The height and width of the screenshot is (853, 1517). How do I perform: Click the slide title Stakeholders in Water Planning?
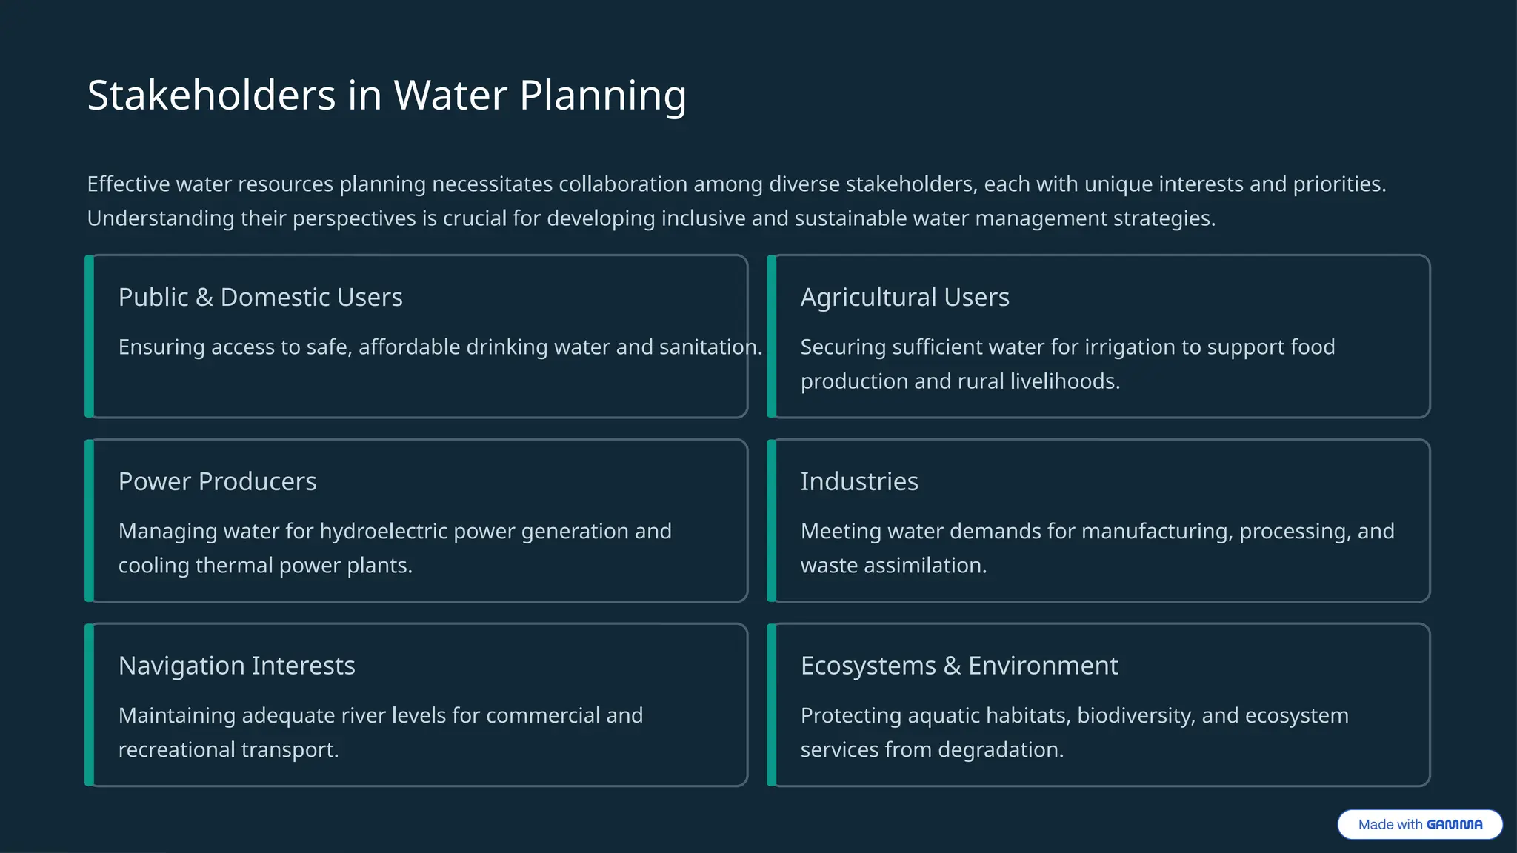click(x=387, y=96)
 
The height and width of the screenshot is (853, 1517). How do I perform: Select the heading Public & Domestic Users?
click(x=260, y=297)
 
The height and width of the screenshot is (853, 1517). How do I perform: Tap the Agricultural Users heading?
click(x=904, y=297)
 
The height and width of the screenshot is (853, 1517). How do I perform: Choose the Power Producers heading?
click(x=217, y=481)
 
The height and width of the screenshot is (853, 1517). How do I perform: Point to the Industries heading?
click(x=859, y=481)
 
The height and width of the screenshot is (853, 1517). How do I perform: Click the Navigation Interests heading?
click(x=236, y=666)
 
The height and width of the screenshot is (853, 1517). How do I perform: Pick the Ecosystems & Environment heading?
click(x=959, y=666)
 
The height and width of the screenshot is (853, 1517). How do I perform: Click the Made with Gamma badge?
click(x=1419, y=824)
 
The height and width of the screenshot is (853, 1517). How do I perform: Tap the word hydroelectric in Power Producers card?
click(x=383, y=532)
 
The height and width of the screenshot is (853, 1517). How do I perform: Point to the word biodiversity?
click(x=1136, y=716)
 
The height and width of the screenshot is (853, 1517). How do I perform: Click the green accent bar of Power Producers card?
click(x=89, y=521)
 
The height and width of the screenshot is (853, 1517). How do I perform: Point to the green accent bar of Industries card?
click(x=771, y=521)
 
